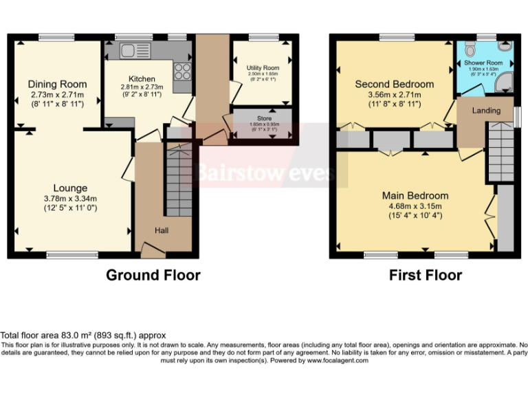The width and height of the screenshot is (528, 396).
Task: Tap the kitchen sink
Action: pyautogui.click(x=129, y=49)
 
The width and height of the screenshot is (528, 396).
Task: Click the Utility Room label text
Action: pyautogui.click(x=263, y=68)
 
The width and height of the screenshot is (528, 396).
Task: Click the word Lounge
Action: pyautogui.click(x=71, y=188)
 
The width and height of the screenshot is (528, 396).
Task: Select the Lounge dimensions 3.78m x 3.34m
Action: pyautogui.click(x=71, y=199)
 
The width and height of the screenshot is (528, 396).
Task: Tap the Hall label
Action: pyautogui.click(x=161, y=230)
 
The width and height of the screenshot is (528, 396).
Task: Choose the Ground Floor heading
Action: pyautogui.click(x=153, y=275)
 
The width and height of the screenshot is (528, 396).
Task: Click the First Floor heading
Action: pyautogui.click(x=426, y=275)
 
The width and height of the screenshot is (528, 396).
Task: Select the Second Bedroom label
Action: pyautogui.click(x=394, y=84)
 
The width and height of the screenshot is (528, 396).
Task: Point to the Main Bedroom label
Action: pyautogui.click(x=415, y=195)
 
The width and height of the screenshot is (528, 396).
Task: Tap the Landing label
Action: pyautogui.click(x=485, y=110)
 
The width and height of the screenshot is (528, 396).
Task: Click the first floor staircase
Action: pyautogui.click(x=501, y=151)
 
